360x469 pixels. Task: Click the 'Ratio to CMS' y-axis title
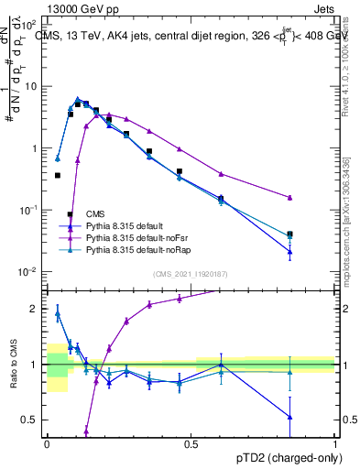point(14,365)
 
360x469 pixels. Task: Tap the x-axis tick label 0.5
point(191,443)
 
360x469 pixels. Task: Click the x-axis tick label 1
point(335,443)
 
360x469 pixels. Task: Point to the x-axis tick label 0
point(47,443)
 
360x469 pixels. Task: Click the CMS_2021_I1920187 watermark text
point(191,274)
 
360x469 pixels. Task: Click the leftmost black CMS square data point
point(58,175)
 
